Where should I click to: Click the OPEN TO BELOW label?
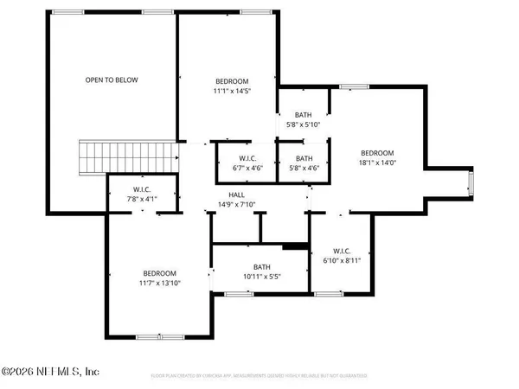(111, 80)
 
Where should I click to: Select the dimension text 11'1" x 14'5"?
(228, 89)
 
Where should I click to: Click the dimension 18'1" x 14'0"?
(377, 161)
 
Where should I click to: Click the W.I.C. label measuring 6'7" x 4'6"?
(245, 158)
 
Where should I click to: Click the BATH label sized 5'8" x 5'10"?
(303, 114)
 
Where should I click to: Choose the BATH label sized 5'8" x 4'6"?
(304, 158)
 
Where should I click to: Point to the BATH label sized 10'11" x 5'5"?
(262, 267)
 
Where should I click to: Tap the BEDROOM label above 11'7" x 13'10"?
(160, 273)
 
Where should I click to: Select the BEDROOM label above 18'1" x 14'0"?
(377, 150)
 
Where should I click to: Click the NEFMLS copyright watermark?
(52, 372)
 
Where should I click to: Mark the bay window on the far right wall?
(471, 182)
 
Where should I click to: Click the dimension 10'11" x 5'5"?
(262, 277)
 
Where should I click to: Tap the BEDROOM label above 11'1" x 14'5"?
(228, 79)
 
